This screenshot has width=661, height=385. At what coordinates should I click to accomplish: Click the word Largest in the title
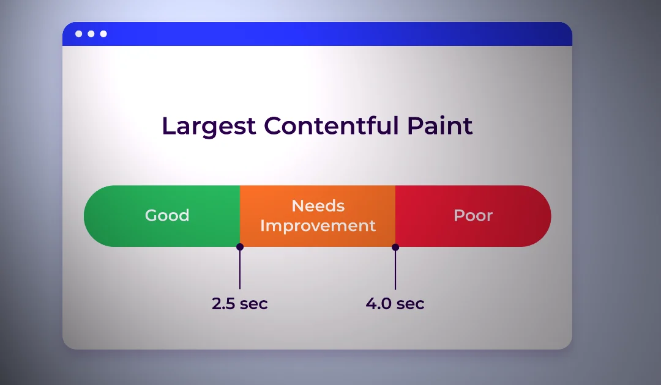pyautogui.click(x=209, y=127)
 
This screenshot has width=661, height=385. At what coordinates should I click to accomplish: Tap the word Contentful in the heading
pyautogui.click(x=331, y=125)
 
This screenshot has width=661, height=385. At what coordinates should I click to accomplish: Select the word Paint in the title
pyautogui.click(x=439, y=125)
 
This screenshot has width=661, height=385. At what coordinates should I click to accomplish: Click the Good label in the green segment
pyautogui.click(x=167, y=216)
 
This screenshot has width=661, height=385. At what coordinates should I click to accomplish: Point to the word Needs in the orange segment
pyautogui.click(x=318, y=206)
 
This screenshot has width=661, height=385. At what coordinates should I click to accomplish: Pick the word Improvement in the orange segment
pyautogui.click(x=318, y=226)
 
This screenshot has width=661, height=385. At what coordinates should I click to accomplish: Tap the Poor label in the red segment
pyautogui.click(x=473, y=216)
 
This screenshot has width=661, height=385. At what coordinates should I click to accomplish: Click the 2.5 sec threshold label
pyautogui.click(x=239, y=303)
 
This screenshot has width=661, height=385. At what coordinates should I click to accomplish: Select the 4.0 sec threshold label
pyautogui.click(x=395, y=303)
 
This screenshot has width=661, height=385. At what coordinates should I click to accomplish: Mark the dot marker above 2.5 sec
pyautogui.click(x=240, y=246)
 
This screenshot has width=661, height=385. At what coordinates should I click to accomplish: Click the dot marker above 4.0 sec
pyautogui.click(x=395, y=247)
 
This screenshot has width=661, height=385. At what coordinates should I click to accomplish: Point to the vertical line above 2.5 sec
pyautogui.click(x=240, y=269)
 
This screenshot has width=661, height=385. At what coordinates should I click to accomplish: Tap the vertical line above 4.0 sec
pyautogui.click(x=395, y=269)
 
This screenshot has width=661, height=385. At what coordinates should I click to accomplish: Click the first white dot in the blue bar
pyautogui.click(x=79, y=34)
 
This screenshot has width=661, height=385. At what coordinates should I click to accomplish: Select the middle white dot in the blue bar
pyautogui.click(x=91, y=34)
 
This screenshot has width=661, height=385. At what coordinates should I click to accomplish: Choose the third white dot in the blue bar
pyautogui.click(x=103, y=34)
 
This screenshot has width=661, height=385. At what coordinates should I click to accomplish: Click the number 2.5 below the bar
pyautogui.click(x=223, y=303)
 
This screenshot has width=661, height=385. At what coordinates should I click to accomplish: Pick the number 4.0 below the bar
pyautogui.click(x=379, y=303)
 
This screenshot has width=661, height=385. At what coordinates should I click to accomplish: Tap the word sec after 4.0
pyautogui.click(x=411, y=304)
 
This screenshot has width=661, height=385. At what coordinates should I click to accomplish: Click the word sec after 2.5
pyautogui.click(x=254, y=304)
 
